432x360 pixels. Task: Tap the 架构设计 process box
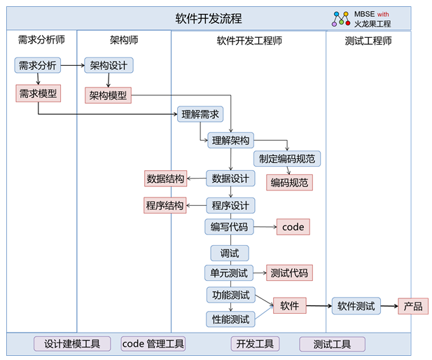[x=109, y=66]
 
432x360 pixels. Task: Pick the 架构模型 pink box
[x=109, y=95]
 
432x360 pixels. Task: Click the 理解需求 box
[x=200, y=114]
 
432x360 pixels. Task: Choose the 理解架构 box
[x=230, y=140]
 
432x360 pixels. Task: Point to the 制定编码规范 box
[x=286, y=158]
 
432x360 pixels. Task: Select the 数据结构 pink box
[x=165, y=179]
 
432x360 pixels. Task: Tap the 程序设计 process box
[x=230, y=205]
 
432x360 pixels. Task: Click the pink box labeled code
[x=293, y=227]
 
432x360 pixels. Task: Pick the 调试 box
[x=230, y=253]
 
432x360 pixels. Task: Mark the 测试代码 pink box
[x=289, y=273]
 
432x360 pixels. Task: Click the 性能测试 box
[x=230, y=319]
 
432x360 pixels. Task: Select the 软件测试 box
[x=356, y=306]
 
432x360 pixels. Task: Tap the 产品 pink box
[x=413, y=306]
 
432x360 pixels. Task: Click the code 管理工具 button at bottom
[x=153, y=344]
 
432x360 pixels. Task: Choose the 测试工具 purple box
[x=332, y=344]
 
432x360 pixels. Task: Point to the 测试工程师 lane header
[x=368, y=41]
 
